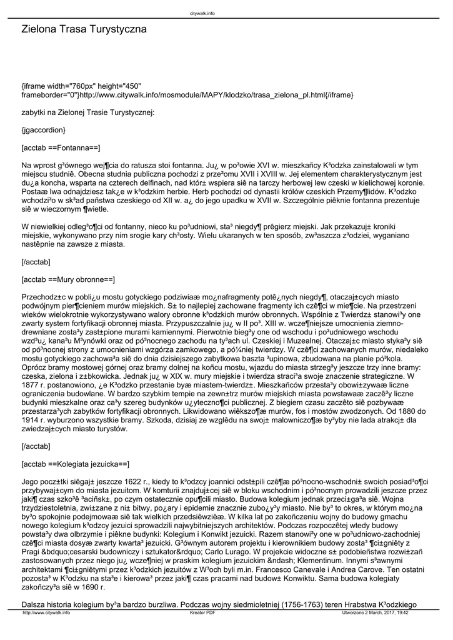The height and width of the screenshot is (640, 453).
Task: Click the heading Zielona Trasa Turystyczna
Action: coord(84,29)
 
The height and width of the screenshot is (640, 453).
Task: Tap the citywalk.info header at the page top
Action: coord(202,12)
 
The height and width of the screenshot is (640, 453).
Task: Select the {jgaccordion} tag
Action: coord(43,130)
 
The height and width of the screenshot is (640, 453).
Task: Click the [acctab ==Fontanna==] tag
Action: coord(61,147)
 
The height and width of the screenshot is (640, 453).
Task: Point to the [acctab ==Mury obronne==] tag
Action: coord(68,279)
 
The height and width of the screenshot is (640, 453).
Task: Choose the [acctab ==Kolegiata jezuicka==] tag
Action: coord(75,464)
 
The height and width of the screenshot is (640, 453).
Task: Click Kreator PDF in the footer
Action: coord(202,613)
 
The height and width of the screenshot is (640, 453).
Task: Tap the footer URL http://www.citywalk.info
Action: coord(46,613)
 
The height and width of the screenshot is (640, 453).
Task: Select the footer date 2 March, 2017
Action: coord(381,613)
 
